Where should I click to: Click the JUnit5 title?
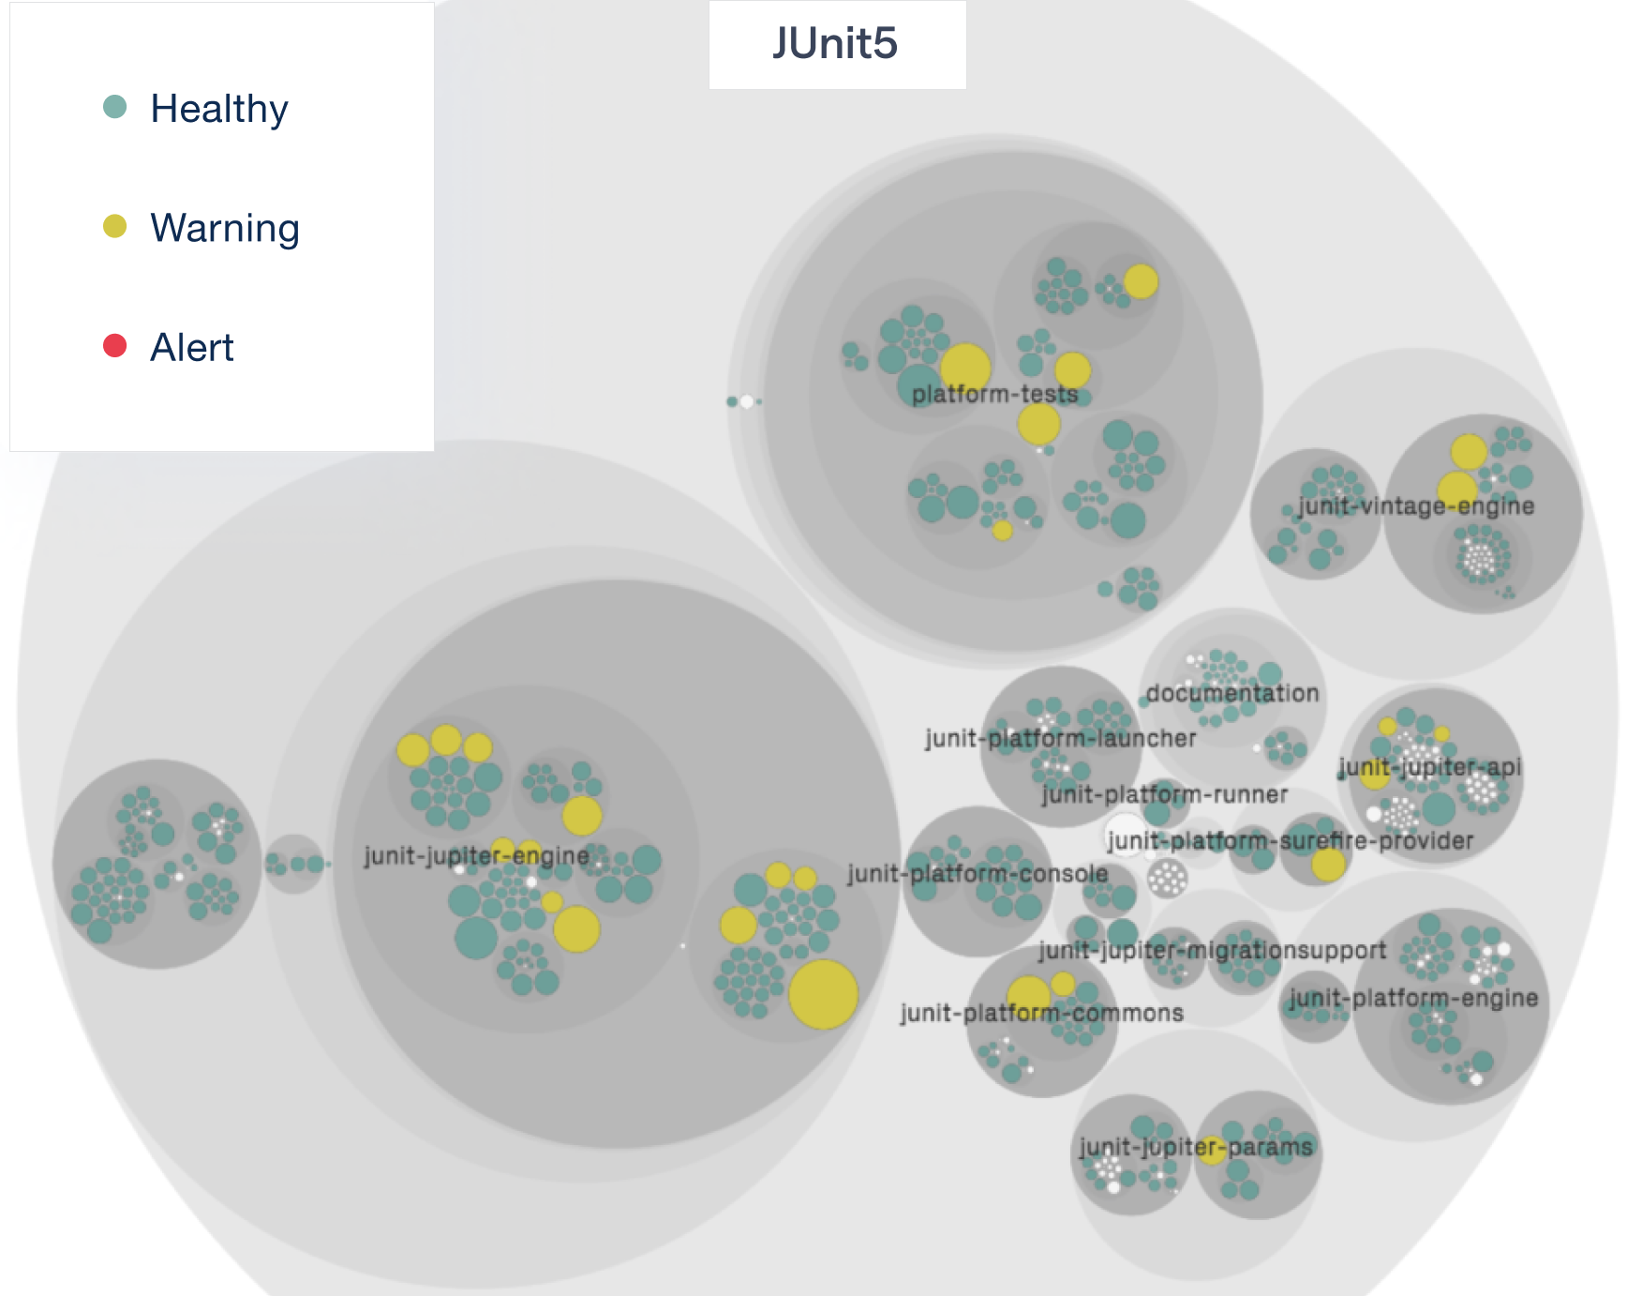click(x=835, y=44)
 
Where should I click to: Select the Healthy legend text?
click(x=219, y=109)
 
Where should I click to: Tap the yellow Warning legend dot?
click(x=114, y=226)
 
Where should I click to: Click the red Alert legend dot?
click(x=114, y=346)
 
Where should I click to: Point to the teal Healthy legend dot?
click(x=114, y=107)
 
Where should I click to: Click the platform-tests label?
click(x=994, y=394)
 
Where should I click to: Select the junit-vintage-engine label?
click(x=1415, y=506)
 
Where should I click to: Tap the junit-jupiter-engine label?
click(x=476, y=855)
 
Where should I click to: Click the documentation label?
click(x=1231, y=693)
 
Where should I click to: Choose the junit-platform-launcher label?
click(x=1060, y=738)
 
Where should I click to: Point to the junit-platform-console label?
click(x=978, y=873)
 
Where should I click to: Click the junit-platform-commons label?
click(x=1041, y=1013)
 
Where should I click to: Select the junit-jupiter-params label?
click(x=1195, y=1147)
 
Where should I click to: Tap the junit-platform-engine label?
click(x=1413, y=998)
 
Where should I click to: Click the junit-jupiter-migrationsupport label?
click(x=1212, y=950)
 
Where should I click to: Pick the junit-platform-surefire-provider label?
click(x=1290, y=840)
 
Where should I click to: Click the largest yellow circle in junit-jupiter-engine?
click(x=823, y=994)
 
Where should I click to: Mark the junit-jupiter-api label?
click(x=1429, y=767)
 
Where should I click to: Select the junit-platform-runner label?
click(x=1164, y=794)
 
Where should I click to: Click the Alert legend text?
click(x=192, y=348)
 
